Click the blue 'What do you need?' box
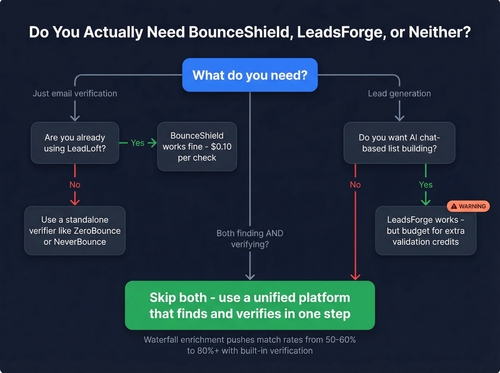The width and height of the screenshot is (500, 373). [x=250, y=75]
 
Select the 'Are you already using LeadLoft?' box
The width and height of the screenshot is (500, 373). [x=75, y=143]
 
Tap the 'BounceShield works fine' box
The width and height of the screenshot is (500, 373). [x=197, y=146]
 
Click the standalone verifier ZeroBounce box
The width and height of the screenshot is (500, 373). [x=75, y=231]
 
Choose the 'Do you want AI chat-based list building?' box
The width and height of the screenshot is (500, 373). [x=399, y=143]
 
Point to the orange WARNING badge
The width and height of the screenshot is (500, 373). [x=468, y=206]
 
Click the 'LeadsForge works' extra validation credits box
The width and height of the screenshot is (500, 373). [x=425, y=231]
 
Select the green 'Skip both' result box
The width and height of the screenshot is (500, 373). [x=250, y=305]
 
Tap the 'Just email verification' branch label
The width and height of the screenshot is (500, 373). [x=75, y=94]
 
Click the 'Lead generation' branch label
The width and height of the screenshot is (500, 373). [x=399, y=94]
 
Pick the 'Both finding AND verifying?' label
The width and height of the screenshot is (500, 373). [x=250, y=238]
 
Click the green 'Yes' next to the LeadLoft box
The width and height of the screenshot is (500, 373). [x=137, y=143]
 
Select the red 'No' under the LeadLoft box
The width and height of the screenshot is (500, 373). [x=75, y=185]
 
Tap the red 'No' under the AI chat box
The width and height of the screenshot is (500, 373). [x=355, y=185]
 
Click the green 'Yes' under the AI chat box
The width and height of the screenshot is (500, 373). [x=425, y=185]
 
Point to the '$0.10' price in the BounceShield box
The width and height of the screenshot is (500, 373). [x=221, y=147]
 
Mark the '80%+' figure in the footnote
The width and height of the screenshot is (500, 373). [x=208, y=351]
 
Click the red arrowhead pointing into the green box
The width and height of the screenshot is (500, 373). [x=355, y=277]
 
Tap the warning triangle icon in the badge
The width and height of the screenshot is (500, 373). [x=454, y=206]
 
